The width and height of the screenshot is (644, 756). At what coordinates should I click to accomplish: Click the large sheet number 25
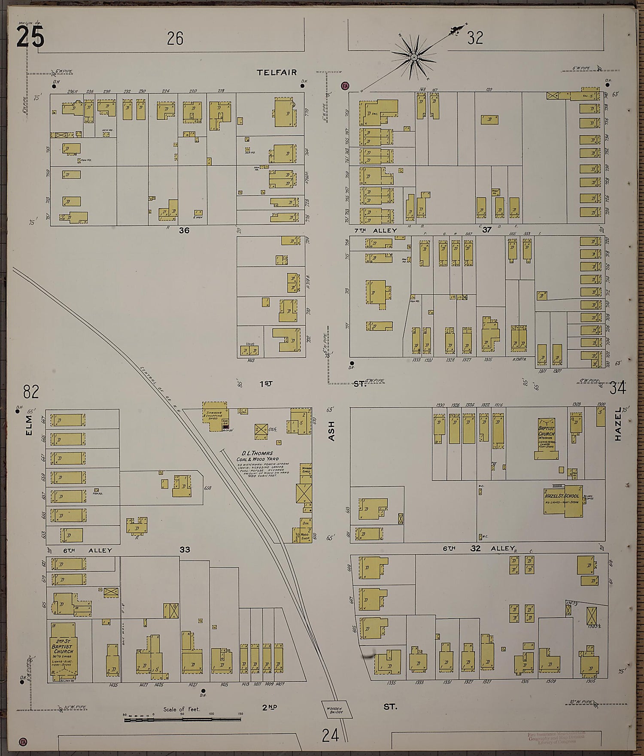(30, 38)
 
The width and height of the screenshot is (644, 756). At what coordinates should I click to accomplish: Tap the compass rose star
(414, 58)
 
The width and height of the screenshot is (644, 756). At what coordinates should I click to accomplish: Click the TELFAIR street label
(277, 73)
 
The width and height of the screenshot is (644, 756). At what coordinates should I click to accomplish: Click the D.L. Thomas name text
(258, 453)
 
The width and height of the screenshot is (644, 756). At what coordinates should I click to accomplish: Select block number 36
(184, 231)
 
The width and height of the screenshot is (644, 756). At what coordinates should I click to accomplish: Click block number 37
(486, 230)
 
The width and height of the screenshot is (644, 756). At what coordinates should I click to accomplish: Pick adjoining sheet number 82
(31, 392)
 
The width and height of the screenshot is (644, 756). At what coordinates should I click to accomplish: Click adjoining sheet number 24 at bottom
(331, 735)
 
